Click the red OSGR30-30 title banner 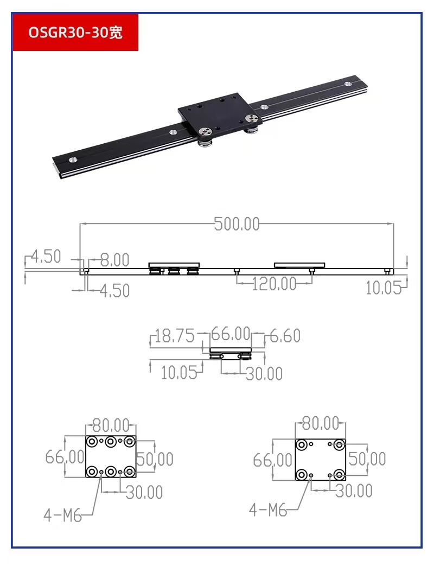pos(75,33)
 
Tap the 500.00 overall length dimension pos(237,224)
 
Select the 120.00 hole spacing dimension pos(274,284)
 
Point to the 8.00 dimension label pos(114,260)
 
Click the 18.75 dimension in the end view pos(174,336)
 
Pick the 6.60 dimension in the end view pos(285,336)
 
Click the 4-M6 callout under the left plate pos(62,515)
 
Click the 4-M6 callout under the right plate pos(267,509)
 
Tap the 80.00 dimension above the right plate pos(320,423)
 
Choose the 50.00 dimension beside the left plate pos(154,459)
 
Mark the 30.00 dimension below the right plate pos(354,491)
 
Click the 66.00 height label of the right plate pos(272,460)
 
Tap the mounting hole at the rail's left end pos(71,160)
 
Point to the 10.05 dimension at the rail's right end pos(383,288)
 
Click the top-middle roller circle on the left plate pos(111,442)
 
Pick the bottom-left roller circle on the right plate pos(301,475)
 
